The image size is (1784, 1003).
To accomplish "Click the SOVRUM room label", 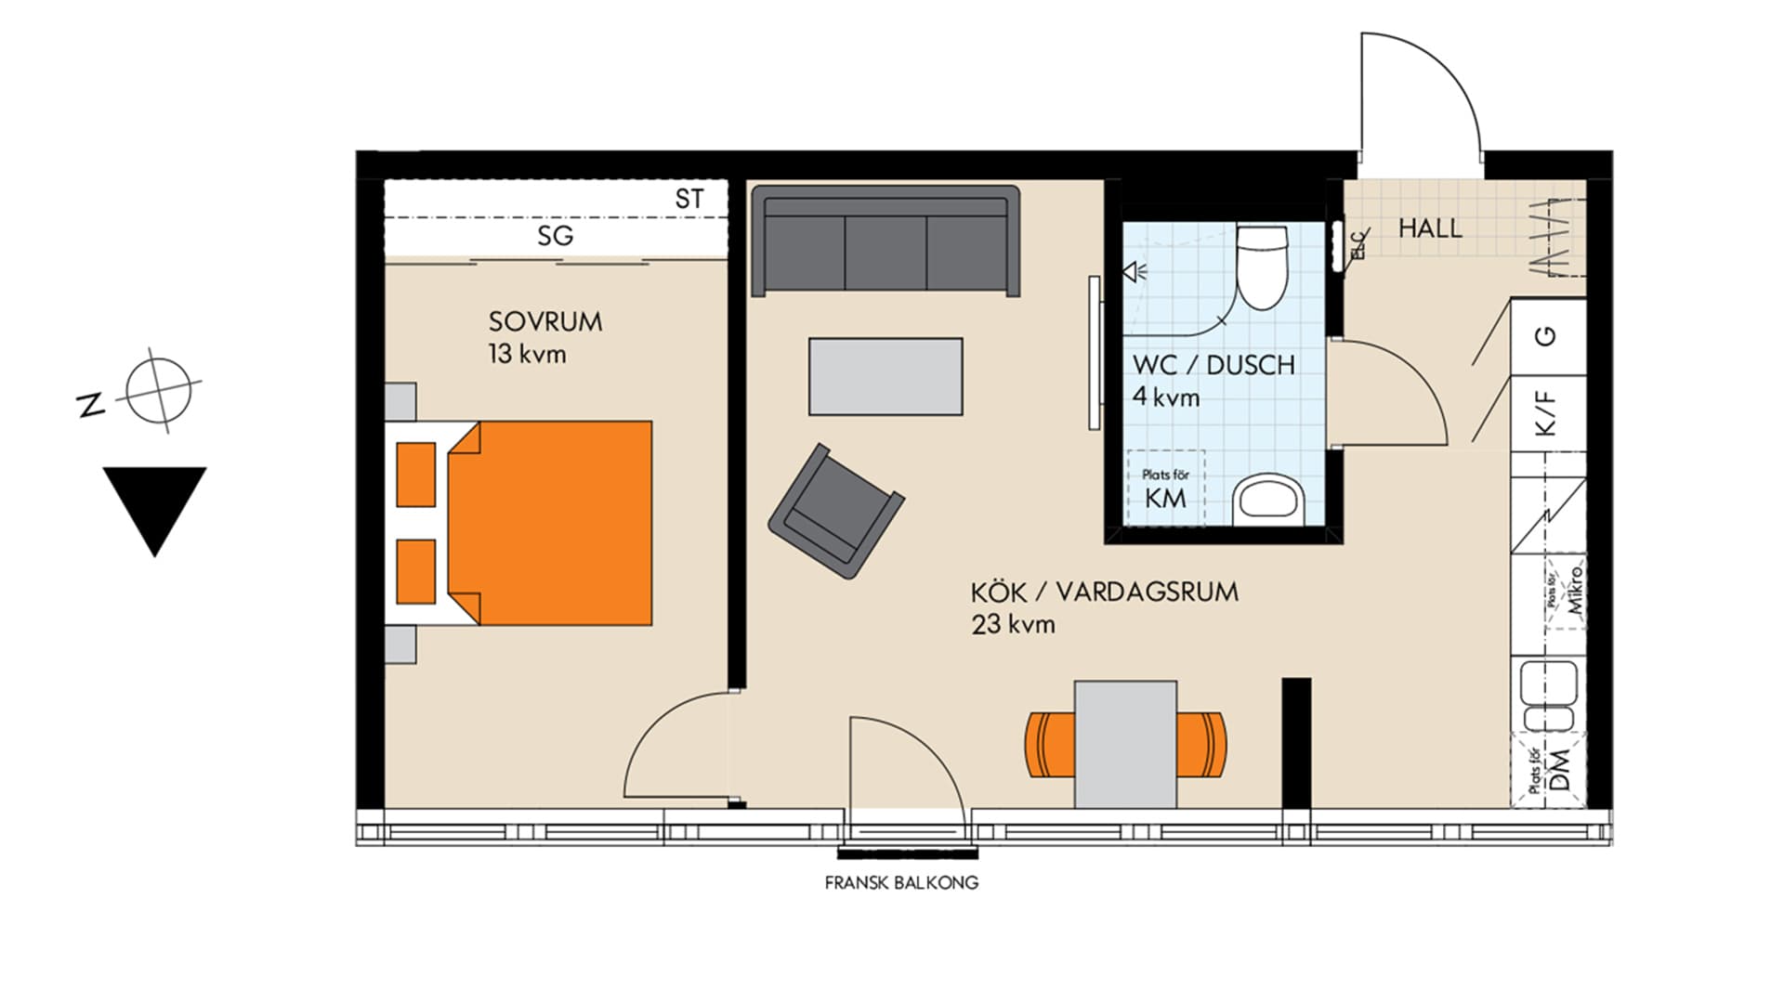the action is tap(545, 322).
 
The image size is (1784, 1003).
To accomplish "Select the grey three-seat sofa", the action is tap(885, 241).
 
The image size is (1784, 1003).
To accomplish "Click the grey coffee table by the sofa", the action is tap(885, 376).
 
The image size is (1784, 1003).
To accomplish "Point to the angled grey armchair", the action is tap(835, 512).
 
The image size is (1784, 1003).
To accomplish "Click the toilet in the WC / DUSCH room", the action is tap(1261, 267).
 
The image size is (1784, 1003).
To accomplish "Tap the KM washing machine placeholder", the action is tap(1165, 489).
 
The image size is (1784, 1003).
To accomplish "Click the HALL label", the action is tap(1430, 228).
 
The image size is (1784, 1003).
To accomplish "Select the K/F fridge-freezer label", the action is tap(1545, 412).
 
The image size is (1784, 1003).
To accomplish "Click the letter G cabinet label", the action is tap(1546, 335).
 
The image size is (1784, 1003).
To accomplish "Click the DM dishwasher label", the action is tap(1560, 770).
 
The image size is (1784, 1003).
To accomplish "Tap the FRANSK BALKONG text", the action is tap(901, 883).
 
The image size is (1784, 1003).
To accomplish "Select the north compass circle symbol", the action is tap(159, 388).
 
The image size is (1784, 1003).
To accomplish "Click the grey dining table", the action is tap(1125, 745).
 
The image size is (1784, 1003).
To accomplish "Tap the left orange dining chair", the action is tap(1050, 745).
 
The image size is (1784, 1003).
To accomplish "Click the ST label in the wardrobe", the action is tap(689, 199).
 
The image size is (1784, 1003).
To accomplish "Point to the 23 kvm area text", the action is tap(1014, 625).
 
